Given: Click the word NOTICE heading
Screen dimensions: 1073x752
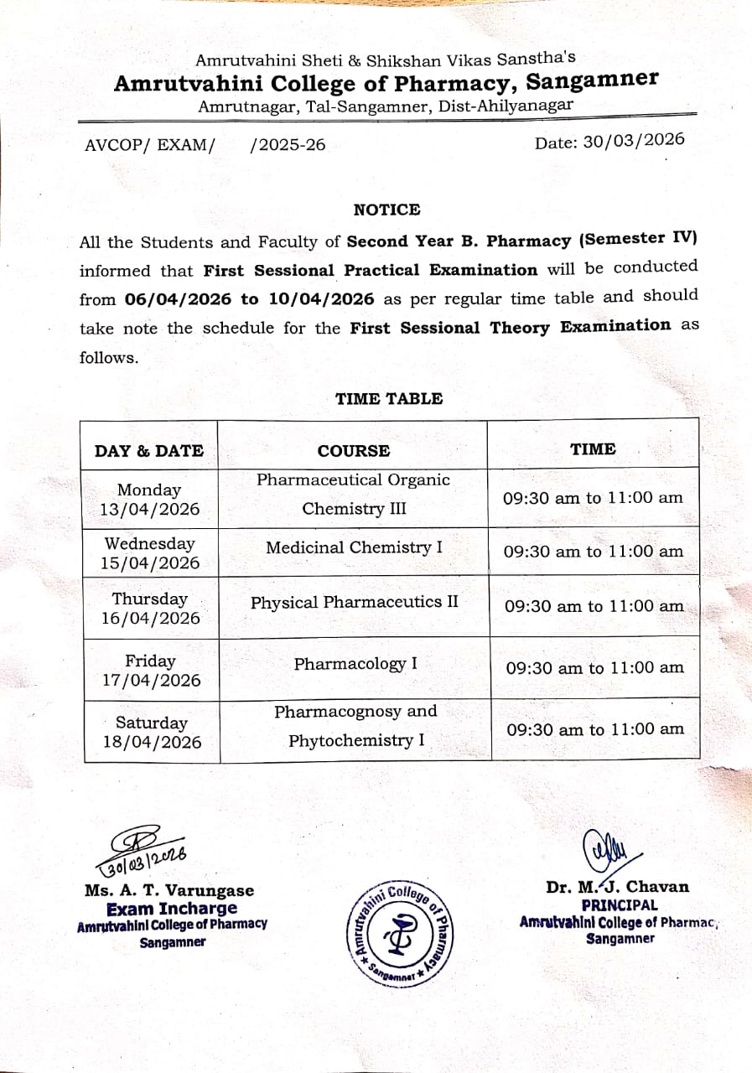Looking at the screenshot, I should [x=386, y=210].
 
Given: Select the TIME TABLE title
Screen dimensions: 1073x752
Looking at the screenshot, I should [x=389, y=399].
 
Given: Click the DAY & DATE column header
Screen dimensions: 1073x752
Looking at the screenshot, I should [x=149, y=451].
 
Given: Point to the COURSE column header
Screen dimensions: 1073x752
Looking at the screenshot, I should [x=353, y=451].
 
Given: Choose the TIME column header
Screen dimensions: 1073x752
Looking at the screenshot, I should [x=593, y=449].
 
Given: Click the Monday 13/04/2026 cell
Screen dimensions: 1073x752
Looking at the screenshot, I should [x=149, y=500].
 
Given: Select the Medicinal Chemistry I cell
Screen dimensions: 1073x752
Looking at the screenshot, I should [x=354, y=548].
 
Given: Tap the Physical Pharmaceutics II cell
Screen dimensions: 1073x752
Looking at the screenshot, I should [x=354, y=603].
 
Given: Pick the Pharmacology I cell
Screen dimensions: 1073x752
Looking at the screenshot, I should [x=355, y=664].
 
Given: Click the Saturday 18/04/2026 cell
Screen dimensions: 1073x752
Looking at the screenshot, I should [x=151, y=732].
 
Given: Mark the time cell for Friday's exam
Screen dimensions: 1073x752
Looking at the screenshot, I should [x=594, y=668].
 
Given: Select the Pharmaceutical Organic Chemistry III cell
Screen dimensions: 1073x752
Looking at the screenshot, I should [x=353, y=495].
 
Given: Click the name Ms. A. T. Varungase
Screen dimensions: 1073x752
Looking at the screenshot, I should [x=169, y=890].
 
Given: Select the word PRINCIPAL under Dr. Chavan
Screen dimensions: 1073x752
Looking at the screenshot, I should [x=620, y=905].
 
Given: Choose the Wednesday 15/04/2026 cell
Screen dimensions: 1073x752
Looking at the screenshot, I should [x=150, y=553].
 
